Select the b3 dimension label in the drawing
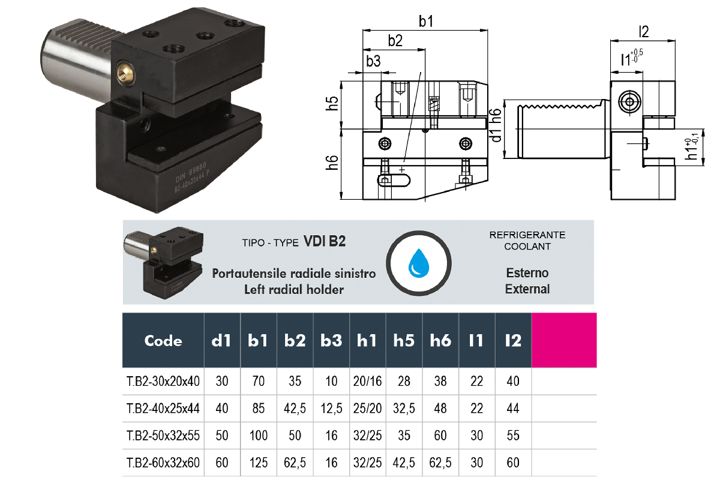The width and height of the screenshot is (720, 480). tap(373, 61)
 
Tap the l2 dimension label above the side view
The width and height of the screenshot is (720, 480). tap(644, 31)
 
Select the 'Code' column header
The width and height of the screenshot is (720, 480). tap(163, 341)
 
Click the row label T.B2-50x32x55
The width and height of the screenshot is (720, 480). tap(163, 435)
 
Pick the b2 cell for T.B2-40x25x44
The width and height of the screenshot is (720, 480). tap(295, 408)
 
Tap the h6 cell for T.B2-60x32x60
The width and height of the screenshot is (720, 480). tap(440, 463)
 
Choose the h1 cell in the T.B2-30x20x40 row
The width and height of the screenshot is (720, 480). tap(367, 380)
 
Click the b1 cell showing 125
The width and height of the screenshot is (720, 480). tap(258, 463)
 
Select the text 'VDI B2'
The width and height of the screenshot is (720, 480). tap(325, 241)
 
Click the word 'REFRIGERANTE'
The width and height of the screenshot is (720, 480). tap(527, 235)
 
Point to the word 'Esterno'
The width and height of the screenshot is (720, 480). tap(527, 273)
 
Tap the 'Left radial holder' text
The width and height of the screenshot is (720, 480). tap(293, 289)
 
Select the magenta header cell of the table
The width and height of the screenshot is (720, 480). tap(564, 340)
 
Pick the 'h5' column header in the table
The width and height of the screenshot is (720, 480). tap(404, 341)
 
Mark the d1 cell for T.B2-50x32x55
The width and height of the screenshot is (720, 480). tap(222, 435)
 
